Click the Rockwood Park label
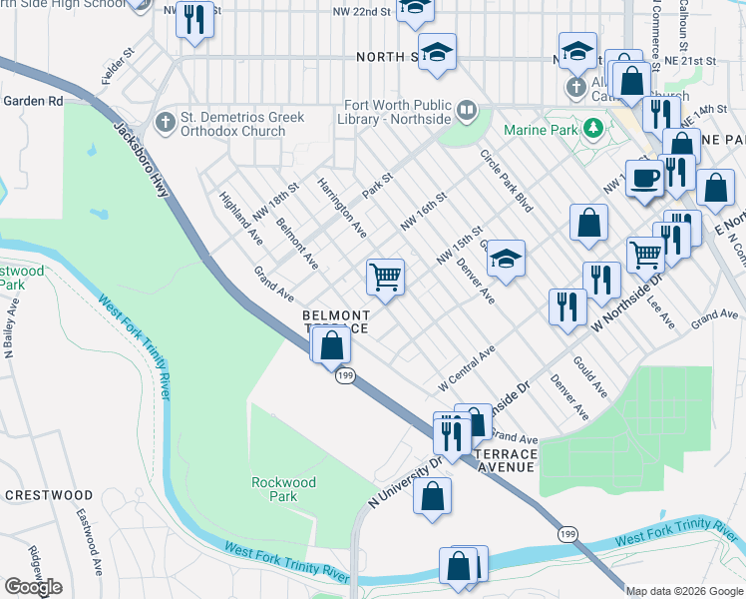coord(283,489)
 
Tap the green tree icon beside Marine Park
coord(593,128)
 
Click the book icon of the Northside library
coord(465,108)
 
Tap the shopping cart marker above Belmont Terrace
coord(385,277)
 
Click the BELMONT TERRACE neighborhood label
coord(336,321)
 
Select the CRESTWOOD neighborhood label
coord(49,495)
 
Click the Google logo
coord(33,586)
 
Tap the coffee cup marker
coord(644,177)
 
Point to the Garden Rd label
coord(33,101)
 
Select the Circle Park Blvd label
coord(507,180)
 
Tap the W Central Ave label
coord(467,368)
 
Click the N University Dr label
coord(405,483)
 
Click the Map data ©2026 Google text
coord(684,590)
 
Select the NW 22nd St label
coord(360,12)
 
